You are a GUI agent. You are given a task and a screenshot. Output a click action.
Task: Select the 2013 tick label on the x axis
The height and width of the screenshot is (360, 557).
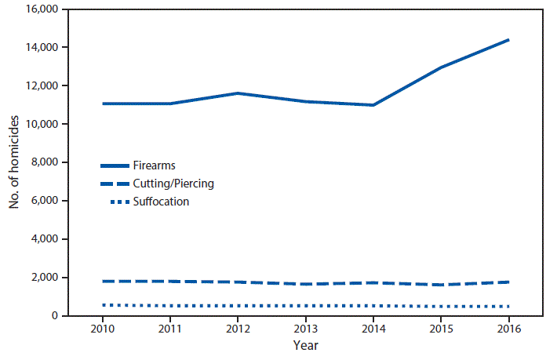point(305,329)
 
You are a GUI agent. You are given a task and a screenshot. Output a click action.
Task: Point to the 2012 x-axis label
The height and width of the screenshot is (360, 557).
point(238,329)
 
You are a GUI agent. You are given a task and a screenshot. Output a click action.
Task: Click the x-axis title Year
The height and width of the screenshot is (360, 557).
point(305,345)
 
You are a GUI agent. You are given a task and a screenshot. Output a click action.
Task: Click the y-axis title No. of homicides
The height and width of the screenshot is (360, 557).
point(14,162)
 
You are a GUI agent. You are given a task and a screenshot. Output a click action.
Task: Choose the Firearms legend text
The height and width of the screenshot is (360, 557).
point(155,166)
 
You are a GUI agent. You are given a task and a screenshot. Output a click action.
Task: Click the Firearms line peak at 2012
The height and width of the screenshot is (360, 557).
point(238,93)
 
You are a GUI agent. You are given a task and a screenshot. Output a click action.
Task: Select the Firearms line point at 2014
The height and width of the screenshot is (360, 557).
point(373,105)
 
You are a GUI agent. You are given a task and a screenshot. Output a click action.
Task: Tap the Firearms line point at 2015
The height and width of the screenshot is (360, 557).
point(441,67)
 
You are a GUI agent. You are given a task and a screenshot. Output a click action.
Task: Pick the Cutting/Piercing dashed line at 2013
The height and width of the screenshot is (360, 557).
point(305,284)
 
